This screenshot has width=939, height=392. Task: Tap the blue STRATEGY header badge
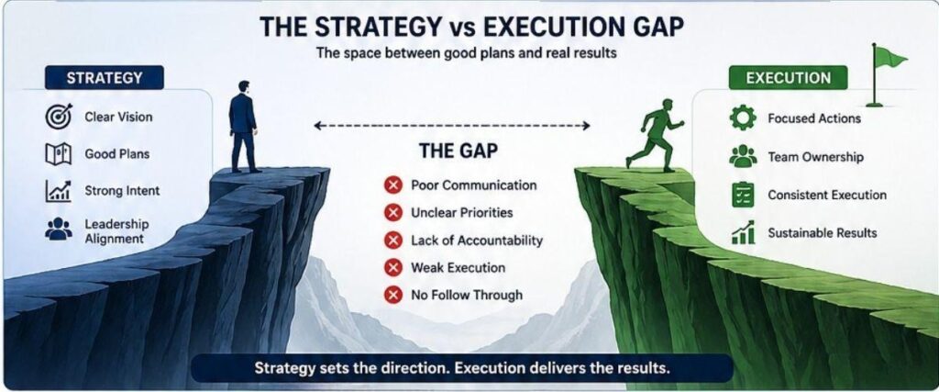[x=105, y=78]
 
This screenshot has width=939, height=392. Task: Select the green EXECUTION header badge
[x=788, y=78]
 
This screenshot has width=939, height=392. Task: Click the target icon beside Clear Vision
[x=59, y=117]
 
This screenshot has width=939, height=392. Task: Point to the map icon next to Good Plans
[x=59, y=154]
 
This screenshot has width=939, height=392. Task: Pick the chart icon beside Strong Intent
[x=59, y=191]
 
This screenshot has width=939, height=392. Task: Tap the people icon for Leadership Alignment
[x=59, y=230]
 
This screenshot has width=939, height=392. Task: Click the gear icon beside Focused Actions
[x=743, y=118]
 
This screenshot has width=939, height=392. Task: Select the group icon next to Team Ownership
[x=743, y=156]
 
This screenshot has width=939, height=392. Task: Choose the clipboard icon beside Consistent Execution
[x=743, y=195]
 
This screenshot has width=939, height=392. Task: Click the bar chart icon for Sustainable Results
[x=743, y=232]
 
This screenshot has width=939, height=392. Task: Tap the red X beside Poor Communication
[x=392, y=185]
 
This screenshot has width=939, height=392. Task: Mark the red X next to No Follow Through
[x=392, y=295]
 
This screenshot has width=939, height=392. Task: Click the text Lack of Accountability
[x=477, y=241]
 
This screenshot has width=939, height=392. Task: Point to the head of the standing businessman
[x=242, y=87]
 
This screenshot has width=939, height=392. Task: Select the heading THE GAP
[x=458, y=151]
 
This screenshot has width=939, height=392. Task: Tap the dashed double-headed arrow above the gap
[x=452, y=125]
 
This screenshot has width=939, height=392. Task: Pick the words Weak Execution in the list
[x=458, y=267]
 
